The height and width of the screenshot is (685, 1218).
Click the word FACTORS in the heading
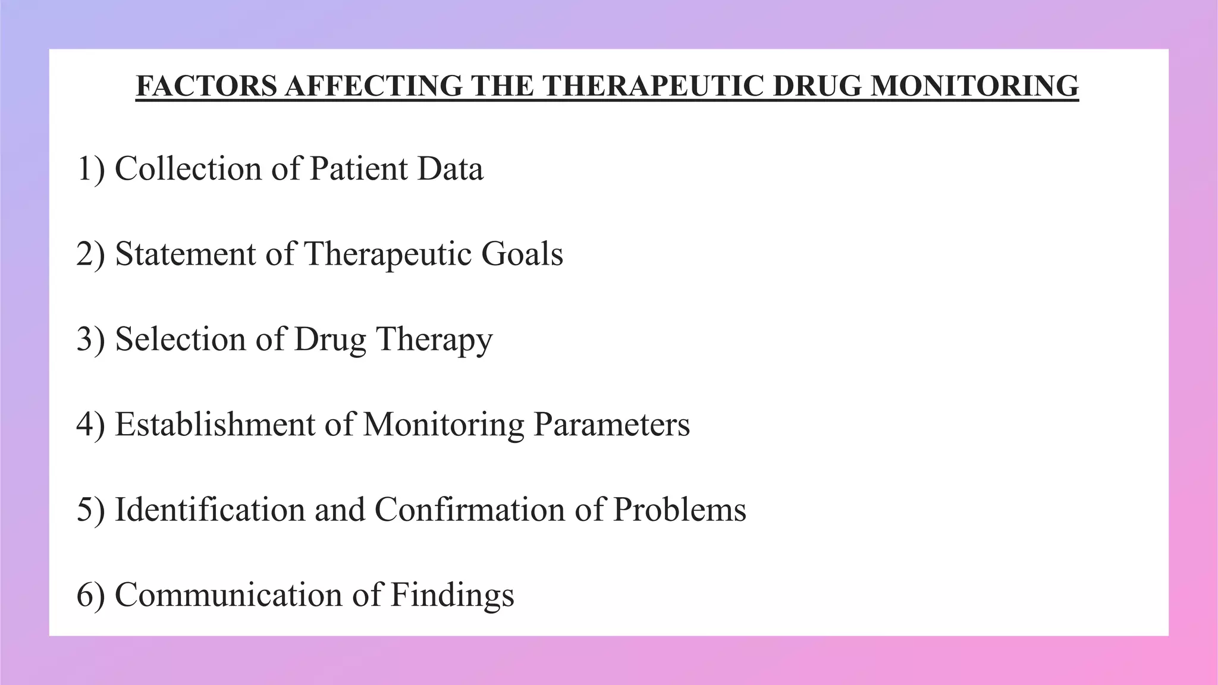[x=206, y=86]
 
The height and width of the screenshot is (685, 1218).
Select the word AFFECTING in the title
[x=373, y=86]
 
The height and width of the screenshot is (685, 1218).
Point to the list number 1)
[x=91, y=169]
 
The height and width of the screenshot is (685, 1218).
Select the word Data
[x=450, y=169]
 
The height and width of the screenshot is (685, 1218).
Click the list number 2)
[x=91, y=254]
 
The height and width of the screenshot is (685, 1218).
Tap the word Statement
[x=186, y=254]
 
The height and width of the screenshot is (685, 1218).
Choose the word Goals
[x=522, y=254]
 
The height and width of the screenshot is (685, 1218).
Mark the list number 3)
[x=91, y=340]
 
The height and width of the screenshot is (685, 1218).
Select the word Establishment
[x=215, y=425]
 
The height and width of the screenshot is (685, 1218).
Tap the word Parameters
[x=611, y=425]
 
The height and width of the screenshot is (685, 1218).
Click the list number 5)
[x=91, y=510]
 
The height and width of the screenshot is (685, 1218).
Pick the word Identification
[x=210, y=510]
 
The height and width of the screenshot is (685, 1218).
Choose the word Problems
[x=679, y=510]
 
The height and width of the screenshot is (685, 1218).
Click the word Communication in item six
[x=228, y=595]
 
